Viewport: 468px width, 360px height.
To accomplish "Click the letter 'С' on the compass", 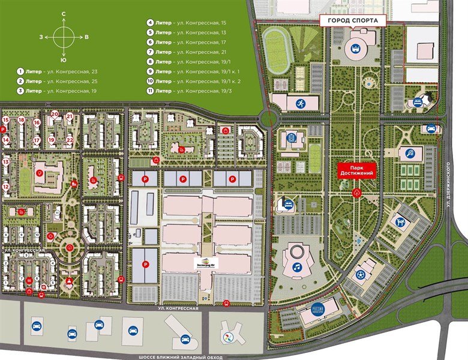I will click(64, 14).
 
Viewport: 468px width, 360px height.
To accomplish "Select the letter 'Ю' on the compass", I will click(64, 61).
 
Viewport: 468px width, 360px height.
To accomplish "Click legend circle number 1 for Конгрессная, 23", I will click(21, 71).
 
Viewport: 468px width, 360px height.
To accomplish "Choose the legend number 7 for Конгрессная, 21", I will click(150, 52).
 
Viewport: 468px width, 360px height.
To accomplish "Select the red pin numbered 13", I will click(5, 162).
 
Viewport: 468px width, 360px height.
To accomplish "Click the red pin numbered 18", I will click(21, 120).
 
